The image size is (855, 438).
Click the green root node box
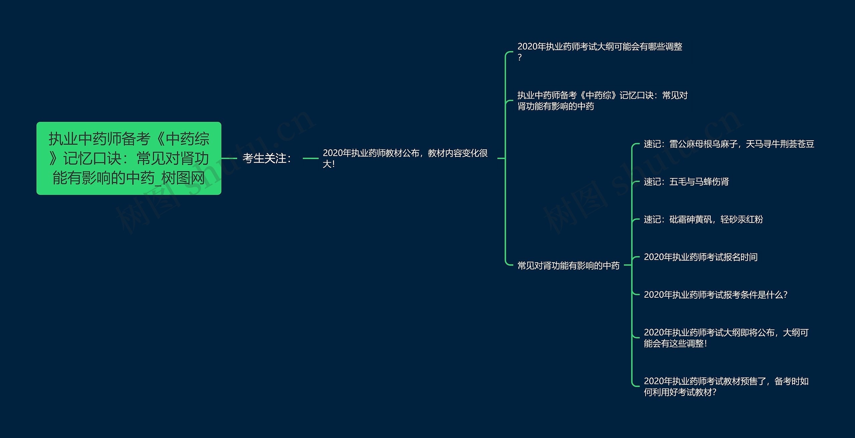pos(129,158)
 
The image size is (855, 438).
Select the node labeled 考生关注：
pos(267,158)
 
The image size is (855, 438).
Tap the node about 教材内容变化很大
pos(405,158)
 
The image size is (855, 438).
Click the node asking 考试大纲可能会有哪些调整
pos(600,52)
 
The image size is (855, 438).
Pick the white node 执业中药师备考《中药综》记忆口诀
pos(603,101)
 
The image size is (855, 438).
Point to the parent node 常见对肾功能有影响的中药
pos(568,266)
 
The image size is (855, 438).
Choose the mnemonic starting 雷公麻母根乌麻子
pos(729,144)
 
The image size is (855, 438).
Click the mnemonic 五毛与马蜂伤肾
pos(686,182)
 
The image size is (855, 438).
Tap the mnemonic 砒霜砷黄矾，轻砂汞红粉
pos(703,220)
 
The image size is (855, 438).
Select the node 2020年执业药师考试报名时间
pos(701,257)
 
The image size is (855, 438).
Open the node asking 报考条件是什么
pos(716,295)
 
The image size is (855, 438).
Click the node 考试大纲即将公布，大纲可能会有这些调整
pos(726,338)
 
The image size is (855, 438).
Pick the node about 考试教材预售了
pos(726,387)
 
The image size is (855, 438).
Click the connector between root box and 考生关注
pos(229,158)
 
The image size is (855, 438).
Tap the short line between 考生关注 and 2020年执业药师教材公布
pos(311,158)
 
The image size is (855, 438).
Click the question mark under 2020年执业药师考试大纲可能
pos(520,57)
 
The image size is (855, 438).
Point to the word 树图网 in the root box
pos(183,178)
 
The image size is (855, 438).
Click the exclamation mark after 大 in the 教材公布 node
pos(333,164)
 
